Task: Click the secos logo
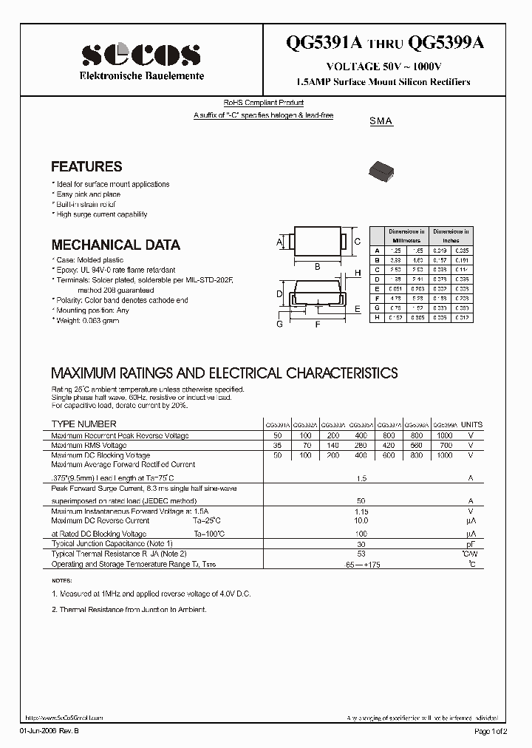[140, 55]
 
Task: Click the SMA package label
[381, 121]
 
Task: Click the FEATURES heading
[86, 167]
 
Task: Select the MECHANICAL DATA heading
[115, 245]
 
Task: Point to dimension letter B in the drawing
[317, 266]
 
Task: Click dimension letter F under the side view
[318, 324]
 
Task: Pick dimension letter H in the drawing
[357, 273]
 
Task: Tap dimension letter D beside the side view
[280, 294]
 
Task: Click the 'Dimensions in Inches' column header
[451, 236]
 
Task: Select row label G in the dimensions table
[377, 307]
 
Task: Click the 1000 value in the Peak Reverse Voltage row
[445, 435]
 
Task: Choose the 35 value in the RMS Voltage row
[278, 446]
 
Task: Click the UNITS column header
[471, 425]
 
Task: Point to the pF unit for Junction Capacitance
[471, 543]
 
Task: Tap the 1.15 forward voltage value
[361, 511]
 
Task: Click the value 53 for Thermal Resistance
[361, 554]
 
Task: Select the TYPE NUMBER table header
[83, 424]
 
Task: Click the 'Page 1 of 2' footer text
[491, 731]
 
